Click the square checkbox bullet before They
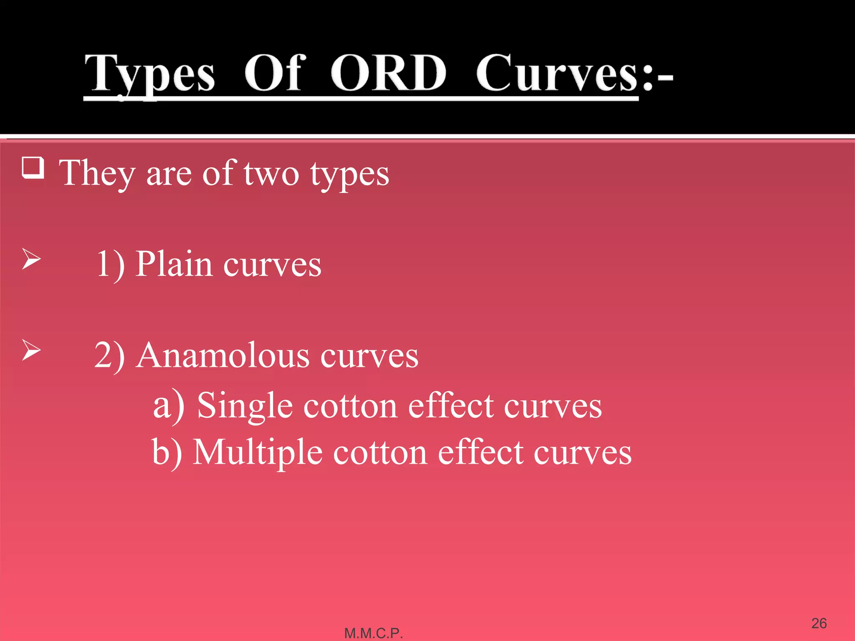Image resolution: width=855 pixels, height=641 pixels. [33, 168]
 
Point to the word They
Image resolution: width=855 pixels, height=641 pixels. [97, 174]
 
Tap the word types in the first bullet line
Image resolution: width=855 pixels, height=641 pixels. [350, 175]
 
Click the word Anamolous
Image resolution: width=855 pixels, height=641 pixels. [223, 356]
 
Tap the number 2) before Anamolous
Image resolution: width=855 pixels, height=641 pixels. [109, 356]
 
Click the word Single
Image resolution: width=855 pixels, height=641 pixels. [245, 406]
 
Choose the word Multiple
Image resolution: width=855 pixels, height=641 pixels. [258, 453]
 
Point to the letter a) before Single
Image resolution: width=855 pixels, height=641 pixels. [169, 406]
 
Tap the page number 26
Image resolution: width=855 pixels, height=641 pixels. [819, 623]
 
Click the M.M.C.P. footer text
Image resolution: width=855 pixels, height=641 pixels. [373, 633]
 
